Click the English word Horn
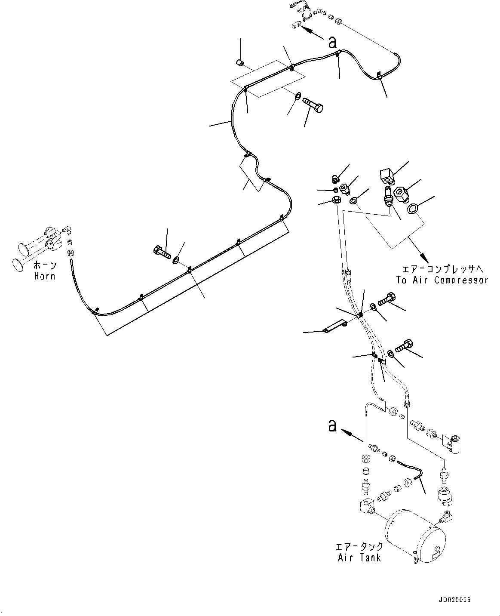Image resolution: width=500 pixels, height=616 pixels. click(x=45, y=276)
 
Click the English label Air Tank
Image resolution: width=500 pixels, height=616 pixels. click(x=359, y=557)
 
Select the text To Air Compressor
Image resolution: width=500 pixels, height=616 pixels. click(x=442, y=280)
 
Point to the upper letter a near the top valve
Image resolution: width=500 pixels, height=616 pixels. click(x=332, y=42)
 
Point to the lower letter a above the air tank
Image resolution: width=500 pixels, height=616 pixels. click(x=331, y=426)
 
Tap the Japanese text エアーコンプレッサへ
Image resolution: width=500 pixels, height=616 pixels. click(x=442, y=269)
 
